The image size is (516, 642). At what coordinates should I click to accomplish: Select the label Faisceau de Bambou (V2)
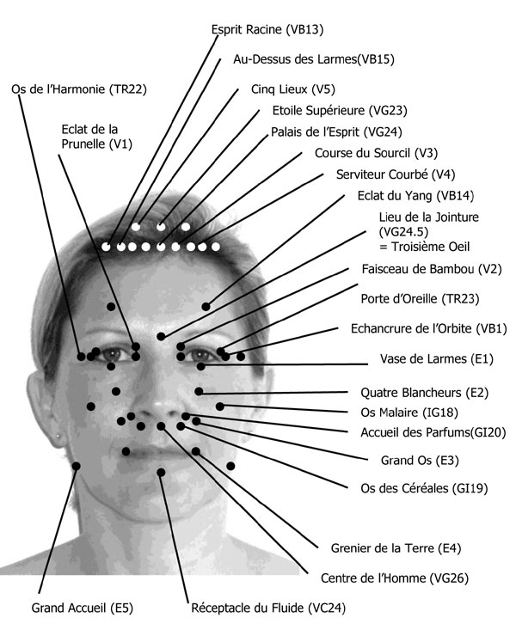click(x=431, y=269)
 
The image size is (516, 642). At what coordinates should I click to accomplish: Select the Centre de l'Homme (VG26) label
click(x=382, y=578)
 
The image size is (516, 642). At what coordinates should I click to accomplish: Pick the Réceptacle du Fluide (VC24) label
click(x=267, y=608)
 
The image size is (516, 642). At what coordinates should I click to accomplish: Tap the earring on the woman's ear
click(x=58, y=437)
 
